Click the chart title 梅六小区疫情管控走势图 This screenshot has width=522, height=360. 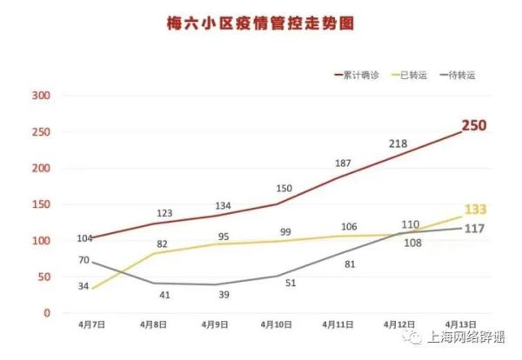tap(260, 23)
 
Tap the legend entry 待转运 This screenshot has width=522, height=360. tap(465, 76)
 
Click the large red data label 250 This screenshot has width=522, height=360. tap(473, 126)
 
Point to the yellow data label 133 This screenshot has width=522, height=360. tap(475, 209)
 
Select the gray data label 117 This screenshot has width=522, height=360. tap(474, 229)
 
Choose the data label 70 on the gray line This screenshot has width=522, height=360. tap(84, 260)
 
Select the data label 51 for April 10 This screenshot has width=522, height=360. tap(291, 283)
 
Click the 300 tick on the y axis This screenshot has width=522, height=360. tap(40, 96)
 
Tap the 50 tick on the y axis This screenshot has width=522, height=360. tap(43, 277)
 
